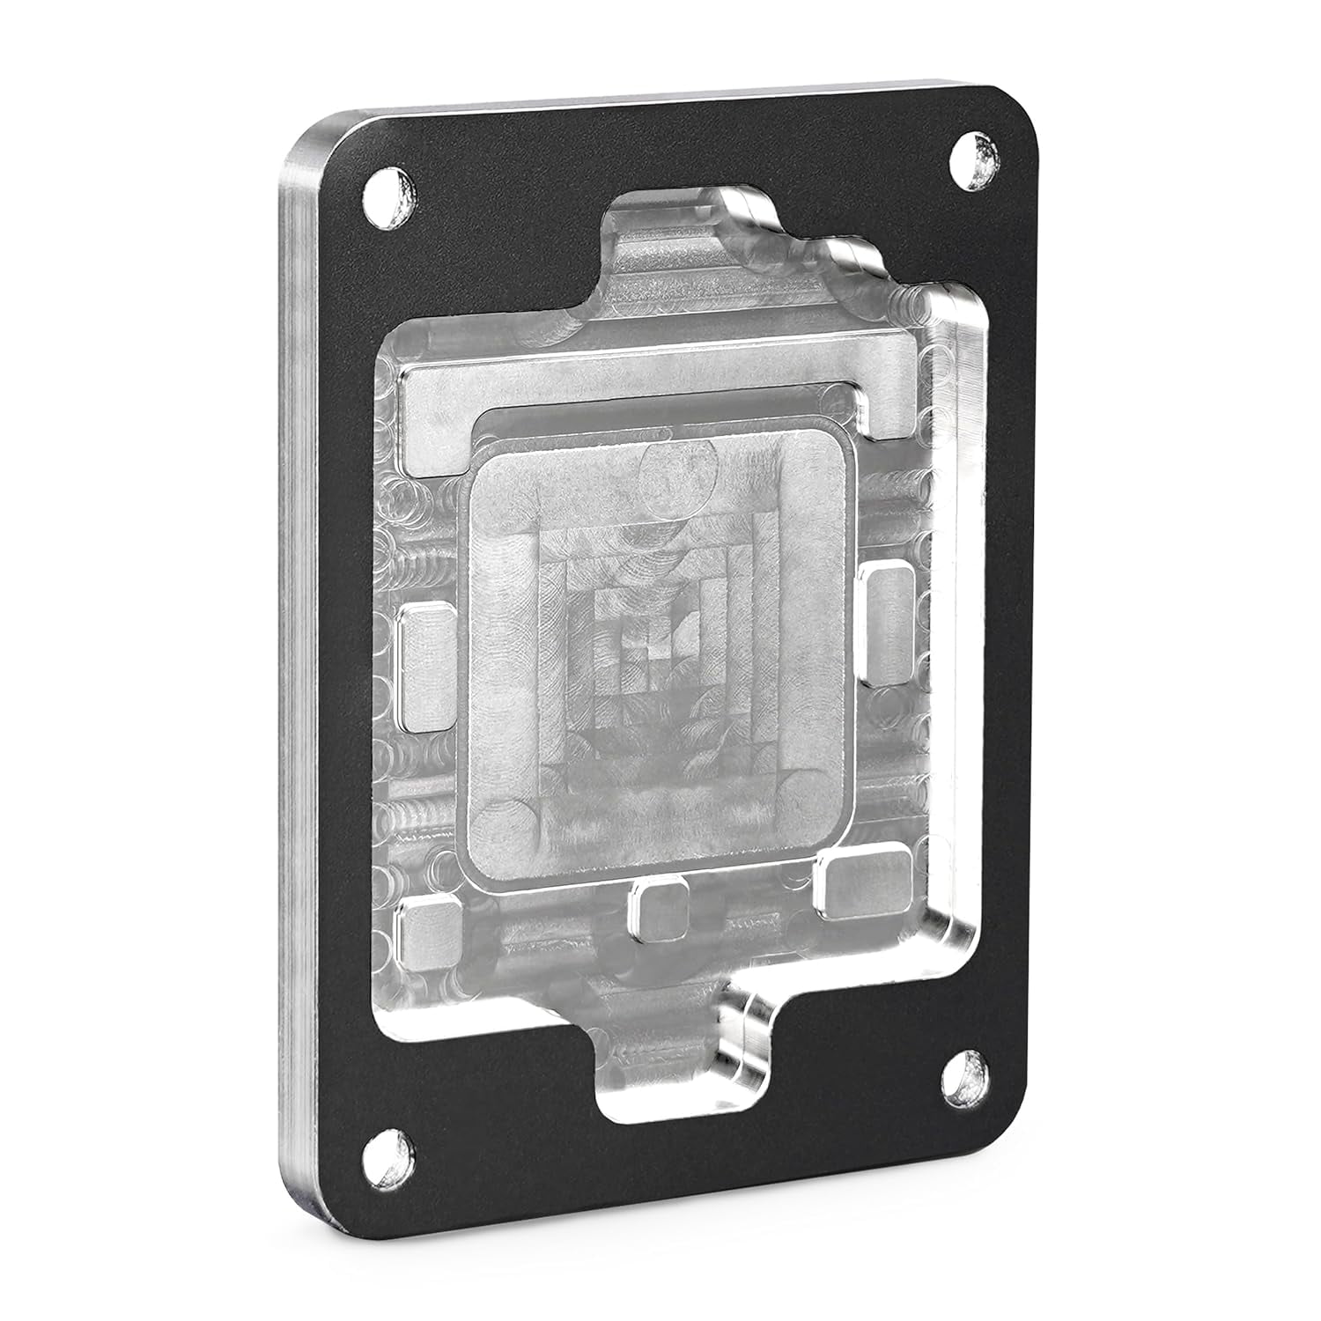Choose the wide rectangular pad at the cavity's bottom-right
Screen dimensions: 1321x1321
[x=861, y=881]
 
